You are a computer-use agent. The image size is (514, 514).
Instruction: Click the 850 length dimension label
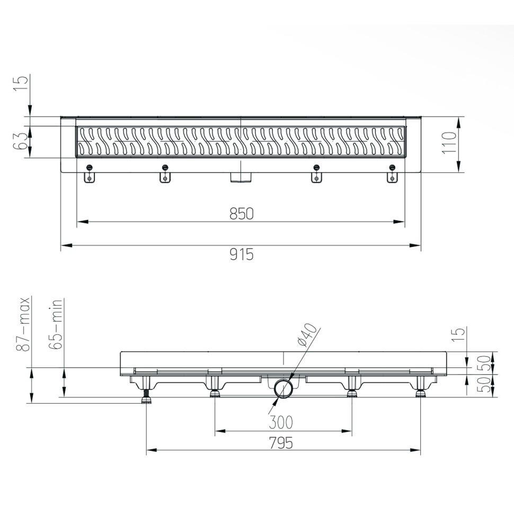[x=242, y=214]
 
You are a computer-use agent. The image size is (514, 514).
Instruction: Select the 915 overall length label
[x=242, y=254]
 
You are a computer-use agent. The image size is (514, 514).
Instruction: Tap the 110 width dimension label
[x=449, y=143]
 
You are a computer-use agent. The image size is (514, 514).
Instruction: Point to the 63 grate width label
[x=20, y=141]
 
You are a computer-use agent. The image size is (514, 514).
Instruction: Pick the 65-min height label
[x=56, y=324]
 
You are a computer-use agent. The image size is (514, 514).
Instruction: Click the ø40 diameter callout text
[x=308, y=335]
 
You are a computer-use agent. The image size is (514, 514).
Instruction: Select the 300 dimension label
[x=281, y=422]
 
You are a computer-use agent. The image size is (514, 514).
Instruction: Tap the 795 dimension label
[x=281, y=443]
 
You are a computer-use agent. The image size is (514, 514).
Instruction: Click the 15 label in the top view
[x=20, y=84]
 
